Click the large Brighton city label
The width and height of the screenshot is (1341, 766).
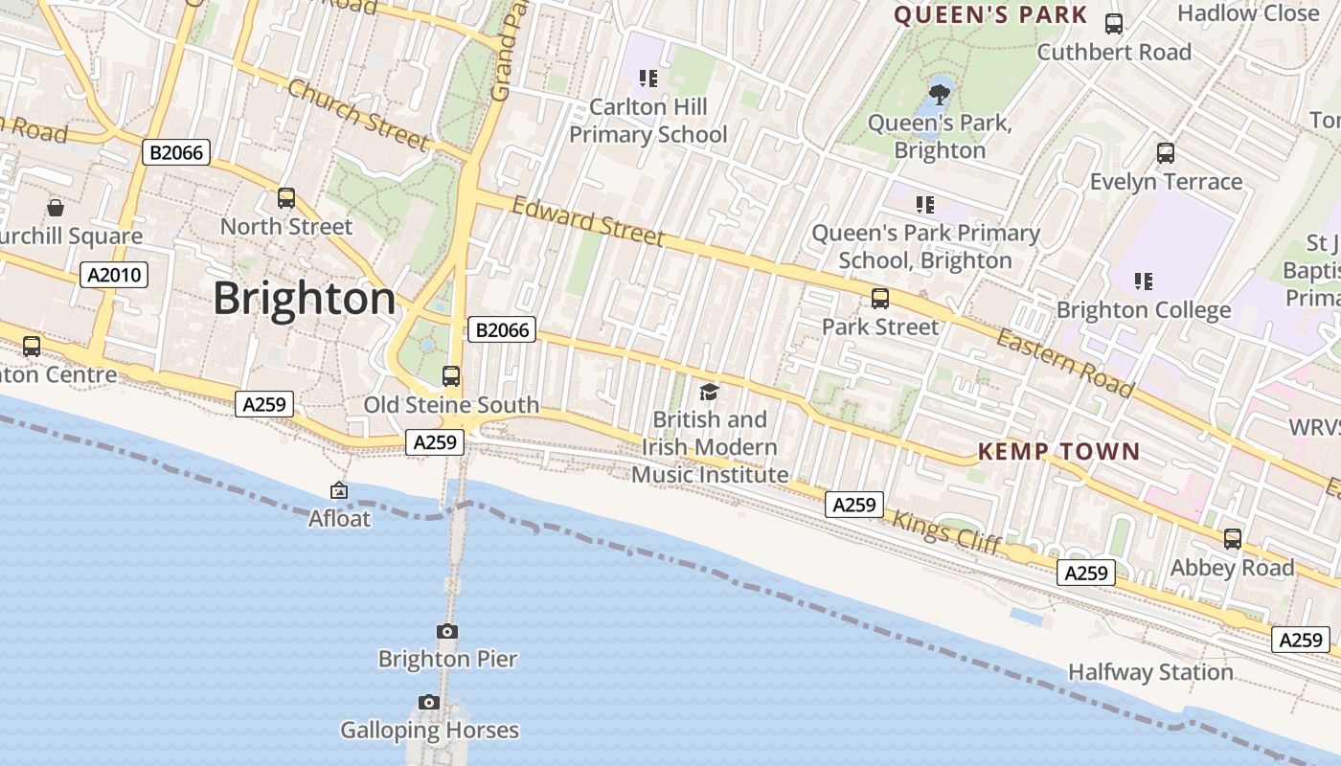304,298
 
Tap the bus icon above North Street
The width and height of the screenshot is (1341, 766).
286,198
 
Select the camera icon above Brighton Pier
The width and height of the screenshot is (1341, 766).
446,631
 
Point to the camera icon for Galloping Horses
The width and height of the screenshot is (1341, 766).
429,703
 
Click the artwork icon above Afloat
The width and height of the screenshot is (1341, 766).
339,490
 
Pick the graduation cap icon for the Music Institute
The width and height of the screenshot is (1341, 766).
709,392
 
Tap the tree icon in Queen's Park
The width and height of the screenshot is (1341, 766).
940,94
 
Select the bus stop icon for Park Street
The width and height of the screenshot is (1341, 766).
880,299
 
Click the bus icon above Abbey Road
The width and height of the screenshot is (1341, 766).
1233,539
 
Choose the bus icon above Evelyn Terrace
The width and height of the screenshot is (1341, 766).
1166,153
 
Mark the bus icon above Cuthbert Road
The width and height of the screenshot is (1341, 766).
1114,24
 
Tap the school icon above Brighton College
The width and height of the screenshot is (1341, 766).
1143,282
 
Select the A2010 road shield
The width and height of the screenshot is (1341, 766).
114,276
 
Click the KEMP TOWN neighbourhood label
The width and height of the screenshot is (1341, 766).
1058,451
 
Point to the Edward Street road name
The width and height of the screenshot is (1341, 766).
587,221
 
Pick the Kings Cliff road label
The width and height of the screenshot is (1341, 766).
946,532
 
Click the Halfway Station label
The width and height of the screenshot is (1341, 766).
1150,672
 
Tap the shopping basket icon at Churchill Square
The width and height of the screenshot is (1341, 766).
56,208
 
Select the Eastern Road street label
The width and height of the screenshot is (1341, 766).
1064,362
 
